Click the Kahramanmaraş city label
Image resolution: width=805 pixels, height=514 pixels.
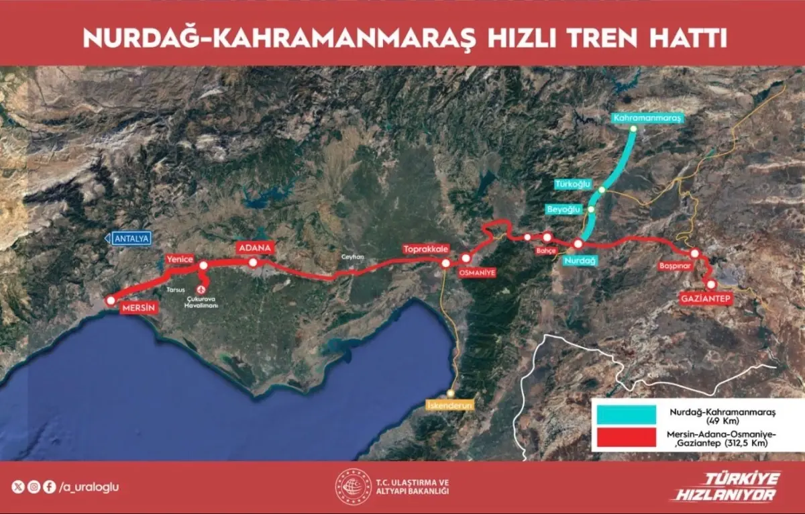[x=647, y=118]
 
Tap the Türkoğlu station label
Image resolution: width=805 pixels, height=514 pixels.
[x=574, y=184]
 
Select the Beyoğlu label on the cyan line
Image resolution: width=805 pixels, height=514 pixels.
[x=563, y=209]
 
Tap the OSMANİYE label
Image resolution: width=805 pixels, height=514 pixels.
[x=476, y=273]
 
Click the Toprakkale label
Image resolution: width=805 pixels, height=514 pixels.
[x=425, y=250]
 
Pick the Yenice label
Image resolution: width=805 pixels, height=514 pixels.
[x=180, y=260]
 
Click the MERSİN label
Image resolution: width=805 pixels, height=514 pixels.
[x=139, y=309]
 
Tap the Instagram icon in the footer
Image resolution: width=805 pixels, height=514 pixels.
[x=34, y=488]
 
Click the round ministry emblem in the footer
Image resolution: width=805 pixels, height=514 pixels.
[x=354, y=486]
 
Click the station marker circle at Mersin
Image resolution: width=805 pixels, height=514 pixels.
[x=111, y=301]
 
